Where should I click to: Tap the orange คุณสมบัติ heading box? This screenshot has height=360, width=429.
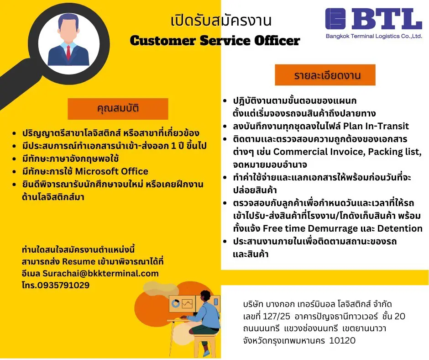point(118,109)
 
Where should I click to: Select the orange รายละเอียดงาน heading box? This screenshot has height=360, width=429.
point(325,75)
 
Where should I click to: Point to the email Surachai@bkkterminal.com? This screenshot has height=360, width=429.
point(101,273)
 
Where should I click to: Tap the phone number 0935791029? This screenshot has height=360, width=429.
point(63,285)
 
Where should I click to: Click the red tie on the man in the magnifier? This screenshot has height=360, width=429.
point(68,53)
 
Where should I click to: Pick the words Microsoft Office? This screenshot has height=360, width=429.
point(112,171)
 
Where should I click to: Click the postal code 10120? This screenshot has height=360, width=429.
point(342,340)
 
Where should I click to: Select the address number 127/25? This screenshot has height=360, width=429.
point(276,317)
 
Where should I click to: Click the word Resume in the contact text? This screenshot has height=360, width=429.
point(78,262)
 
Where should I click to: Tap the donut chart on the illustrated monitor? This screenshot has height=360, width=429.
point(176,303)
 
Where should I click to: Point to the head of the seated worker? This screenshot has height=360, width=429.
point(205,296)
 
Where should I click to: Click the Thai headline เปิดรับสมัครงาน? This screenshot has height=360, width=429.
point(221,21)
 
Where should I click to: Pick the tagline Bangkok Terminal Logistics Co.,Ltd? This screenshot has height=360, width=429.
point(374,36)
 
